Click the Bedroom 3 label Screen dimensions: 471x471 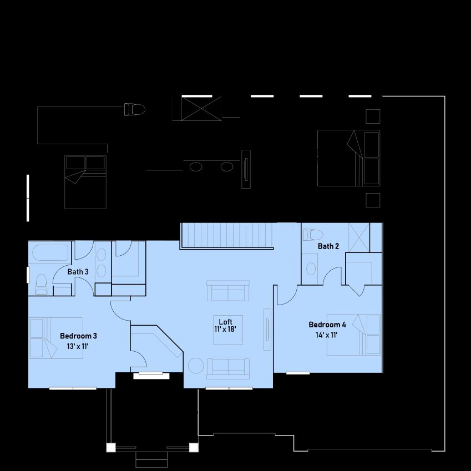78,336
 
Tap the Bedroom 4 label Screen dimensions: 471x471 327,325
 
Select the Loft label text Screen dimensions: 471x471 226,322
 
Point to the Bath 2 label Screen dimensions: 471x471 328,246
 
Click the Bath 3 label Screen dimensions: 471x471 78,272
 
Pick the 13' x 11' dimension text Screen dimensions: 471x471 78,346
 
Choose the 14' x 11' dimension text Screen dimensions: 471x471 327,335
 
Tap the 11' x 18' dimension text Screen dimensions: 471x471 225,329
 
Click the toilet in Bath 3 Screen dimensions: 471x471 42,284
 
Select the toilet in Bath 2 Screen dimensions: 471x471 313,235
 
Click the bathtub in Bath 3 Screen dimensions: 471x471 50,253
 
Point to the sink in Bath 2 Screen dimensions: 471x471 311,269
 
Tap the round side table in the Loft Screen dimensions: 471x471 196,366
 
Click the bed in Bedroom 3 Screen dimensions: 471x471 56,338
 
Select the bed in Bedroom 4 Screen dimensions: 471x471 353,335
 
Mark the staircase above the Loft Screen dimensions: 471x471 227,235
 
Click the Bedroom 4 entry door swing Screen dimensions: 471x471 287,295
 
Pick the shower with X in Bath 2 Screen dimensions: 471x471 359,237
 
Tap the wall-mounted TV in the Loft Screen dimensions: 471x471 267,329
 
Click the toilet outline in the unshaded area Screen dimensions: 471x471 135,109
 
